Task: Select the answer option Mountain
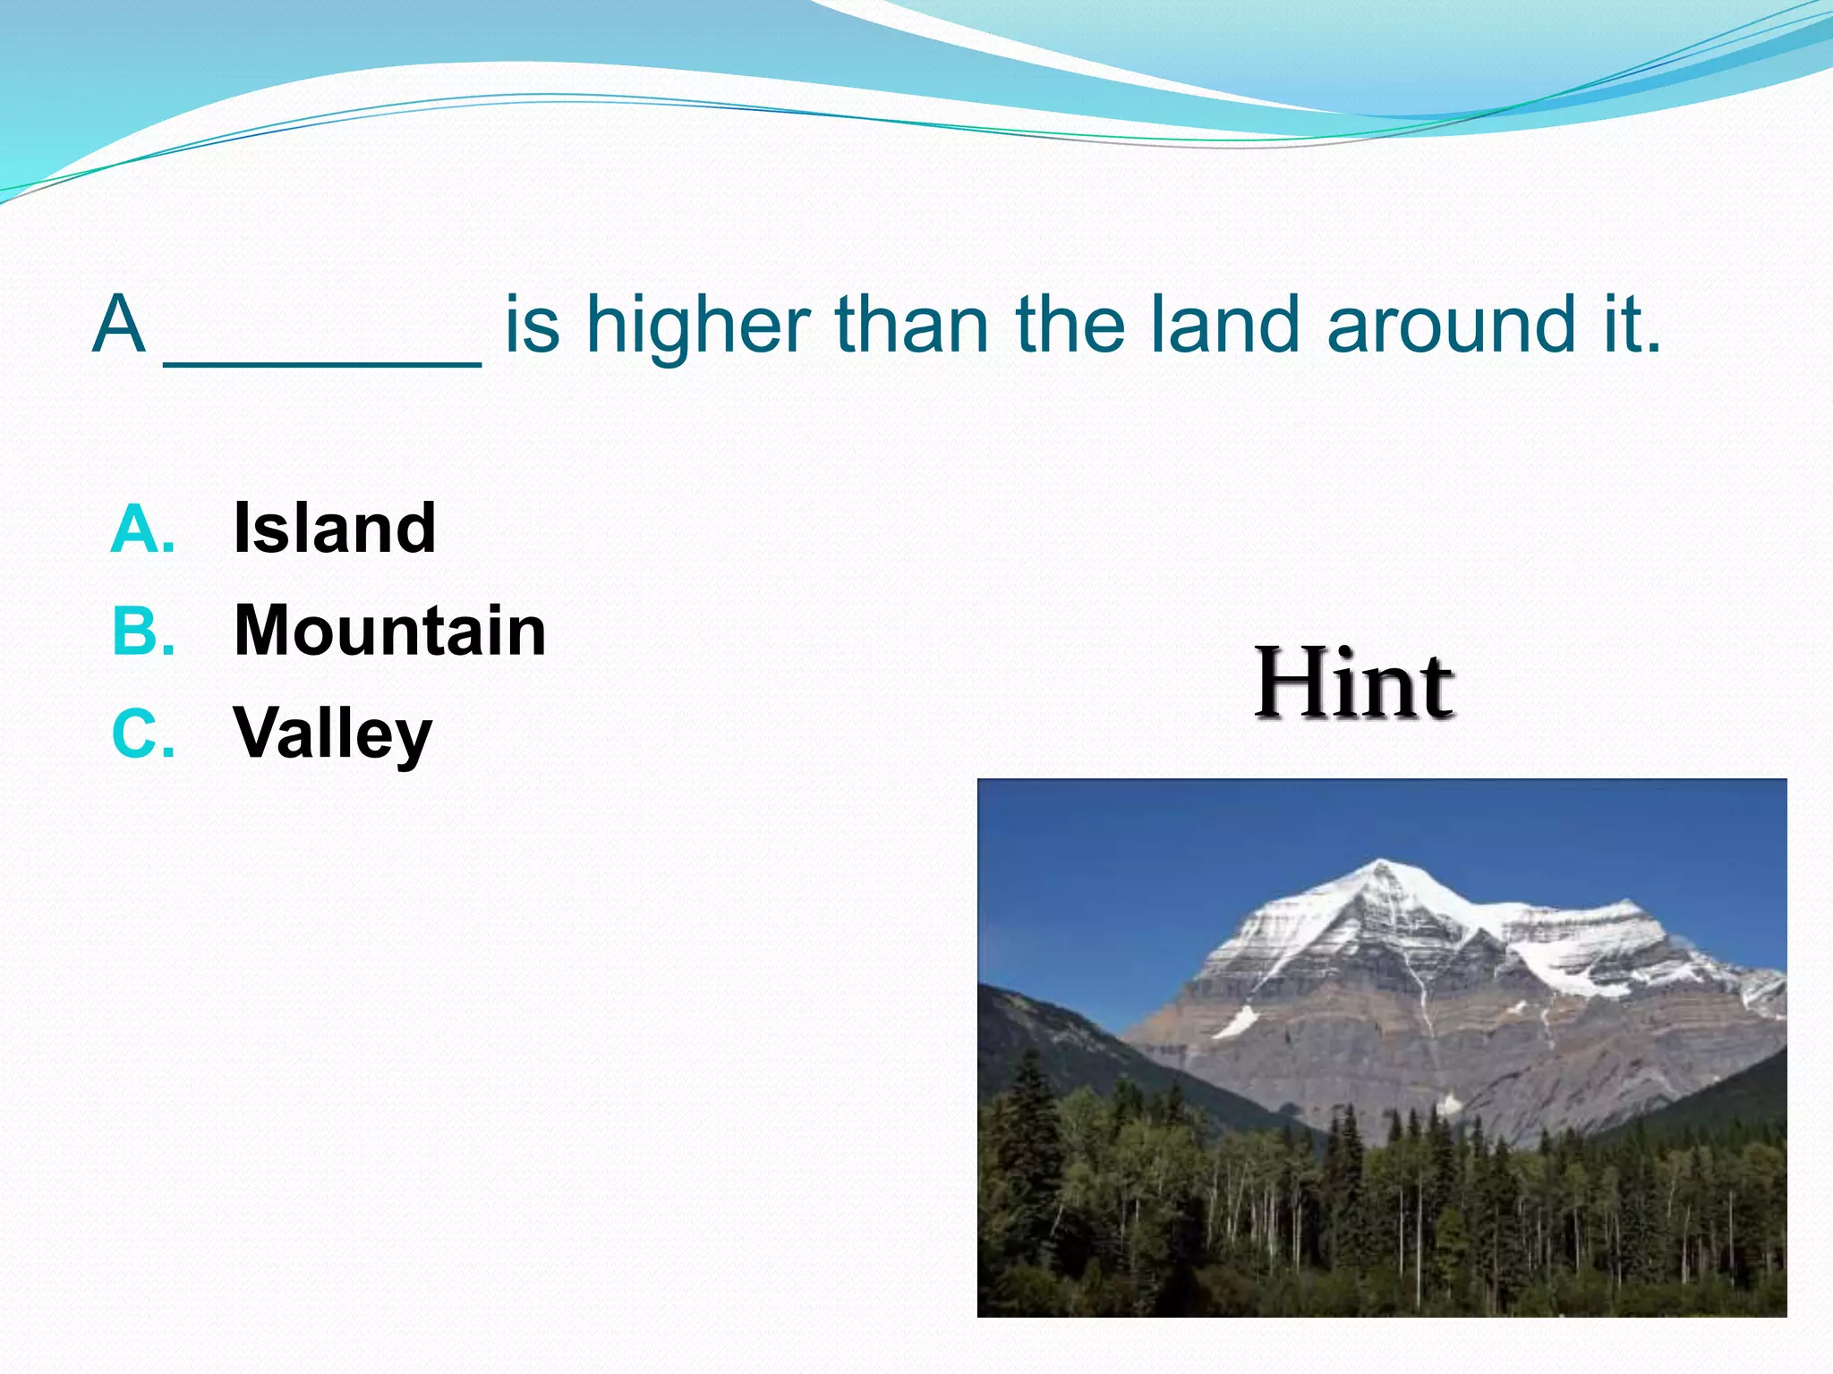389,631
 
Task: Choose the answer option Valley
332,734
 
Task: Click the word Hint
1353,684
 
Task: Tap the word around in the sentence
1450,327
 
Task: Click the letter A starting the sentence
119,324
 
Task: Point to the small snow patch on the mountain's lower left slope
1237,1022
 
